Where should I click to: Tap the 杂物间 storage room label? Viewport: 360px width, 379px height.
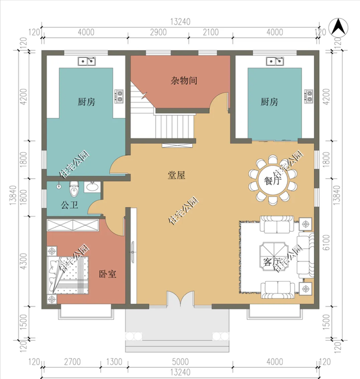pyautogui.click(x=184, y=80)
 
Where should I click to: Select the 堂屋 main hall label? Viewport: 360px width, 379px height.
pyautogui.click(x=177, y=175)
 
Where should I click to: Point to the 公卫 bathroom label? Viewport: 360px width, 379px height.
pyautogui.click(x=69, y=205)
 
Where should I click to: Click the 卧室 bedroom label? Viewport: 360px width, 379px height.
pyautogui.click(x=107, y=274)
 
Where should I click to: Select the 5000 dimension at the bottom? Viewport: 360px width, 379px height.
pyautogui.click(x=177, y=363)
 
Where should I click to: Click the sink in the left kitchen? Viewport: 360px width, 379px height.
pyautogui.click(x=87, y=60)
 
